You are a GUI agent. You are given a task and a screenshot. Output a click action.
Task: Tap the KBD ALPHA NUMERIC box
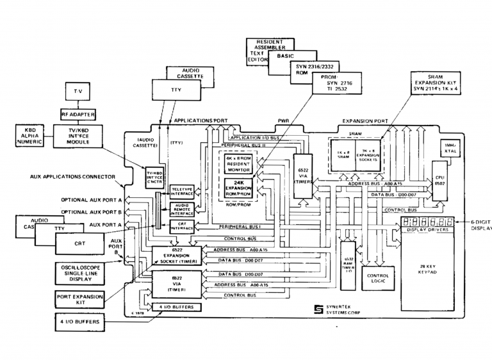pyautogui.click(x=28, y=135)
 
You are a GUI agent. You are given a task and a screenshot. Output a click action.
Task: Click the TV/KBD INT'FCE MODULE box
pyautogui.click(x=78, y=135)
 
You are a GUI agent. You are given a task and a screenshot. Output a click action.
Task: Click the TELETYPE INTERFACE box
pyautogui.click(x=182, y=191)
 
